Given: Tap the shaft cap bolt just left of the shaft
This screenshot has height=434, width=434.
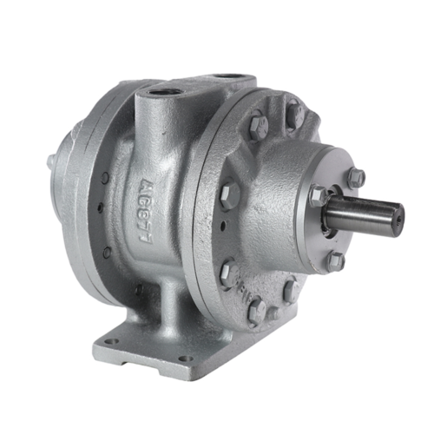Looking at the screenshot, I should tap(319, 195).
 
